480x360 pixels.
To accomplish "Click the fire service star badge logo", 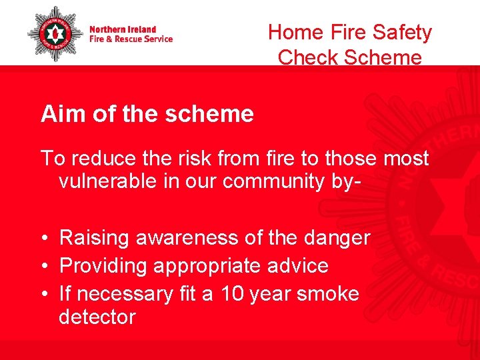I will [x=55, y=34].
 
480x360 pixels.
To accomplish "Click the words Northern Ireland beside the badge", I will [x=123, y=29].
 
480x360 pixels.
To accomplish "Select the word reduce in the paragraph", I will [x=102, y=158].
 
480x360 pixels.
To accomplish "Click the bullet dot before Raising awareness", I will [x=44, y=238].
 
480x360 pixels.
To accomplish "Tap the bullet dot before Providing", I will [x=44, y=266].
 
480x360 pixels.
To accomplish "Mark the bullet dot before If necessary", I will [x=44, y=294].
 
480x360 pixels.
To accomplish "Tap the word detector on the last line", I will [x=97, y=317].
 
